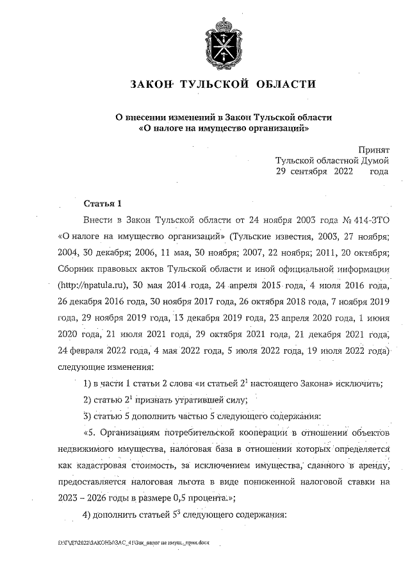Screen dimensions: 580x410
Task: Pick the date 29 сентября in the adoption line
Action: [x=302, y=172]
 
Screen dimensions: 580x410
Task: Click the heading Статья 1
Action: [x=102, y=204]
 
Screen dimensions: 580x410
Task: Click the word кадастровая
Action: [x=112, y=467]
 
